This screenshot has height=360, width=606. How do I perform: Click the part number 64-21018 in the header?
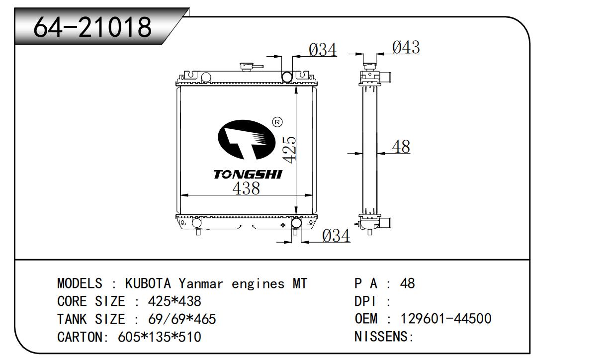point(92,27)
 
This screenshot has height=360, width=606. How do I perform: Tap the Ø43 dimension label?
point(406,47)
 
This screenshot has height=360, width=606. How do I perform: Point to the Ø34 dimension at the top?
point(323,50)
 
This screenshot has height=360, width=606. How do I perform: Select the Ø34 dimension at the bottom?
point(336,236)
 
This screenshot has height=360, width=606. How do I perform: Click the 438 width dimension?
point(246,188)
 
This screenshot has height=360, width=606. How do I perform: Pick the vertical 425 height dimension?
point(289,150)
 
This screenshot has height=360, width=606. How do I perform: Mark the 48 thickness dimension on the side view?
point(401,147)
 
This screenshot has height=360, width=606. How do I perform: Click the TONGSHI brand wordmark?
point(248,175)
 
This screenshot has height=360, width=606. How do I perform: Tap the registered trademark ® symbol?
point(277,122)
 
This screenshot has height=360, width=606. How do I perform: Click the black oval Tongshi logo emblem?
point(246,140)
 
